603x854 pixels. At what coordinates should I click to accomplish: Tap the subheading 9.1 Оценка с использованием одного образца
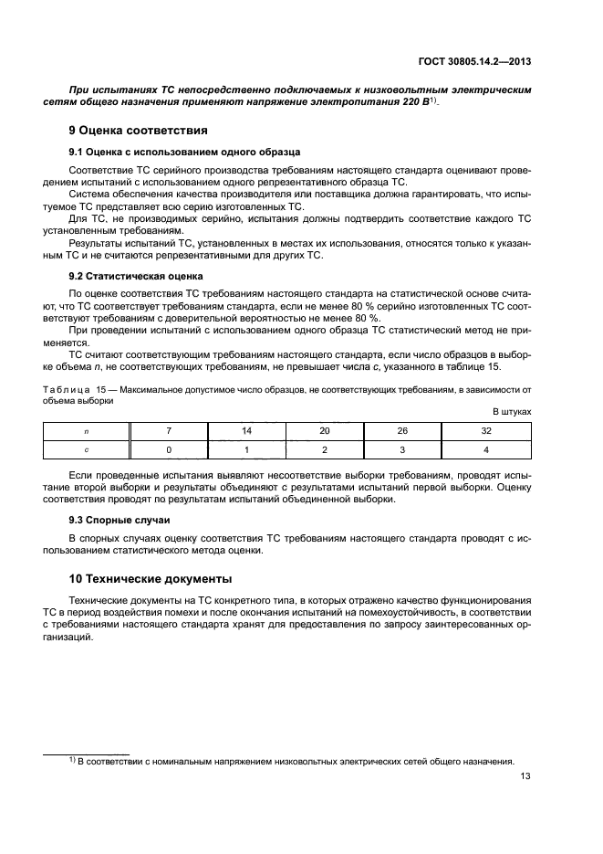(185, 152)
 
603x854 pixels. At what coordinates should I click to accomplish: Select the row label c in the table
(87, 449)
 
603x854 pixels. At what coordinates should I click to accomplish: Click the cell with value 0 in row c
(169, 449)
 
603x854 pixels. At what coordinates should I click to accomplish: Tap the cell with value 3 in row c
(402, 449)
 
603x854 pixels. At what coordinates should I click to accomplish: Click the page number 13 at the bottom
(525, 777)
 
